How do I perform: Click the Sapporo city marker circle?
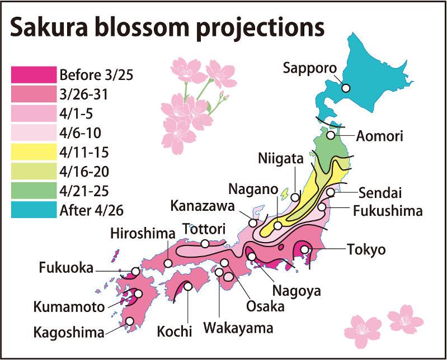point(346,88)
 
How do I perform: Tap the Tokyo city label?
point(366,249)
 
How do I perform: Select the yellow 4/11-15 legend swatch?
point(34,151)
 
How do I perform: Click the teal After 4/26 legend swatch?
point(34,210)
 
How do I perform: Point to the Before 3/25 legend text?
point(96,74)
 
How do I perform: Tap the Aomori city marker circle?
point(331,135)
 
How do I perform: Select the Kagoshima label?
point(68,333)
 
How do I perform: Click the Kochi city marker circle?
point(188,286)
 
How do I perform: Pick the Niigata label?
point(281,159)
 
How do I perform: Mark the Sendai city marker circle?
point(331,192)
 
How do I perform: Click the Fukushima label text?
point(388,211)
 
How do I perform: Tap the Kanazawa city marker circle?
point(253,222)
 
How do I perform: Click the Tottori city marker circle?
point(205,243)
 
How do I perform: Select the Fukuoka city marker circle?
point(135,272)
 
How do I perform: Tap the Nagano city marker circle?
point(278,226)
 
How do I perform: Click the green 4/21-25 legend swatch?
point(34,191)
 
